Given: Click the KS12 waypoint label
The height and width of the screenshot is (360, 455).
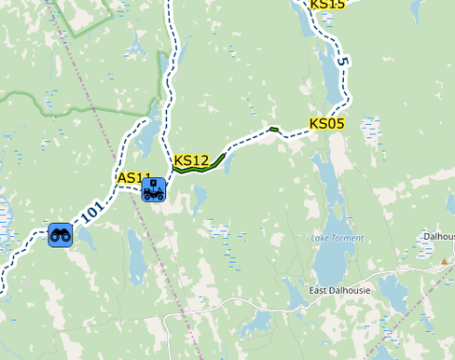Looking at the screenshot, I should tap(191, 160).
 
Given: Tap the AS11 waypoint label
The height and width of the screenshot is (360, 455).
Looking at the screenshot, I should tap(134, 177).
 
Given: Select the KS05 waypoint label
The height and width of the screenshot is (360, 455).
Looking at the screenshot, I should tap(327, 123).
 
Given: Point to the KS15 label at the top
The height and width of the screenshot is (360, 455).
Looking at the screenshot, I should tap(327, 5).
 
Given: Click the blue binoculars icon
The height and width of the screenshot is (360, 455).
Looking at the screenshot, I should tap(62, 235).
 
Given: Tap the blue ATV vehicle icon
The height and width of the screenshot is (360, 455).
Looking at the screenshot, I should tap(154, 190).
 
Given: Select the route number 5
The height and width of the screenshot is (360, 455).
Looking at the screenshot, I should tap(343, 62).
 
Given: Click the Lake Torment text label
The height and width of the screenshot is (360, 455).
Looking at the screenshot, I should tap(338, 238).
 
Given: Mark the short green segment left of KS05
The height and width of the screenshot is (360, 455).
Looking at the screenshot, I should tap(273, 129).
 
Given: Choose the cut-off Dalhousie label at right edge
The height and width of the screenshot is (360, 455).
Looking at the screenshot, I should tap(438, 237).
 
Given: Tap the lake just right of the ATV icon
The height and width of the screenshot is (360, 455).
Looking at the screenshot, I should tap(200, 195).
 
